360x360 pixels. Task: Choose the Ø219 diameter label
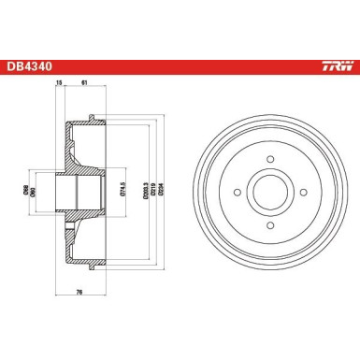pyautogui.click(x=140, y=194)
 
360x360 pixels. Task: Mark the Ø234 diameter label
pyautogui.click(x=150, y=194)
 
